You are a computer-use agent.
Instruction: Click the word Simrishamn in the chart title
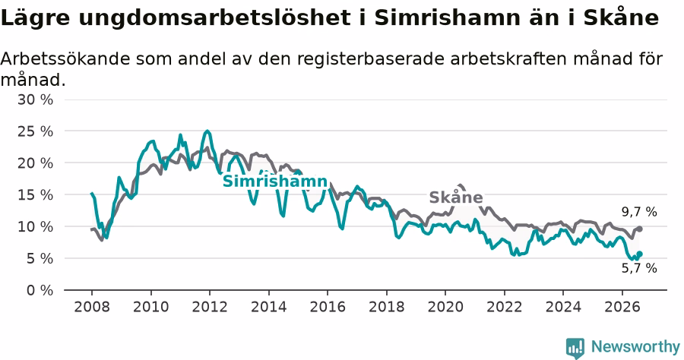[448, 18]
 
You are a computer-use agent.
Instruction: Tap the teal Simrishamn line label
[275, 182]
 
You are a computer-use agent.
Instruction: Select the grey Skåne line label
[456, 197]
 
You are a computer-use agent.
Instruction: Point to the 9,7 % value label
[639, 212]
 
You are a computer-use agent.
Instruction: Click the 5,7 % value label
[639, 268]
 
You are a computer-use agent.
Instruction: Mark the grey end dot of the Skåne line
[639, 229]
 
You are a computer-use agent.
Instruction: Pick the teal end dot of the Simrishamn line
[639, 254]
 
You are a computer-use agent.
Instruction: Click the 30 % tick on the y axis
[35, 99]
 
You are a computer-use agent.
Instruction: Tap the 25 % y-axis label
[35, 131]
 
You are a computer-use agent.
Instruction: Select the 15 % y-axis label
[35, 195]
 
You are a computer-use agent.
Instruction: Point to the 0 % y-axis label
[40, 290]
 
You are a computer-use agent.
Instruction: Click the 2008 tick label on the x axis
[92, 307]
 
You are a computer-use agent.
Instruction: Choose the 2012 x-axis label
[210, 307]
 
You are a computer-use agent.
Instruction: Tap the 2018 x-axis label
[387, 307]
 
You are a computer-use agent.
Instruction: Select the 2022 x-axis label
[505, 307]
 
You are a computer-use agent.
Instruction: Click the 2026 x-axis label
[622, 307]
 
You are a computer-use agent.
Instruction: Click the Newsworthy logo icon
[575, 348]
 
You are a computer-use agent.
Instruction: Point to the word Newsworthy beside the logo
[635, 347]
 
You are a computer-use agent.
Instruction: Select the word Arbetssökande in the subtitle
[65, 58]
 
